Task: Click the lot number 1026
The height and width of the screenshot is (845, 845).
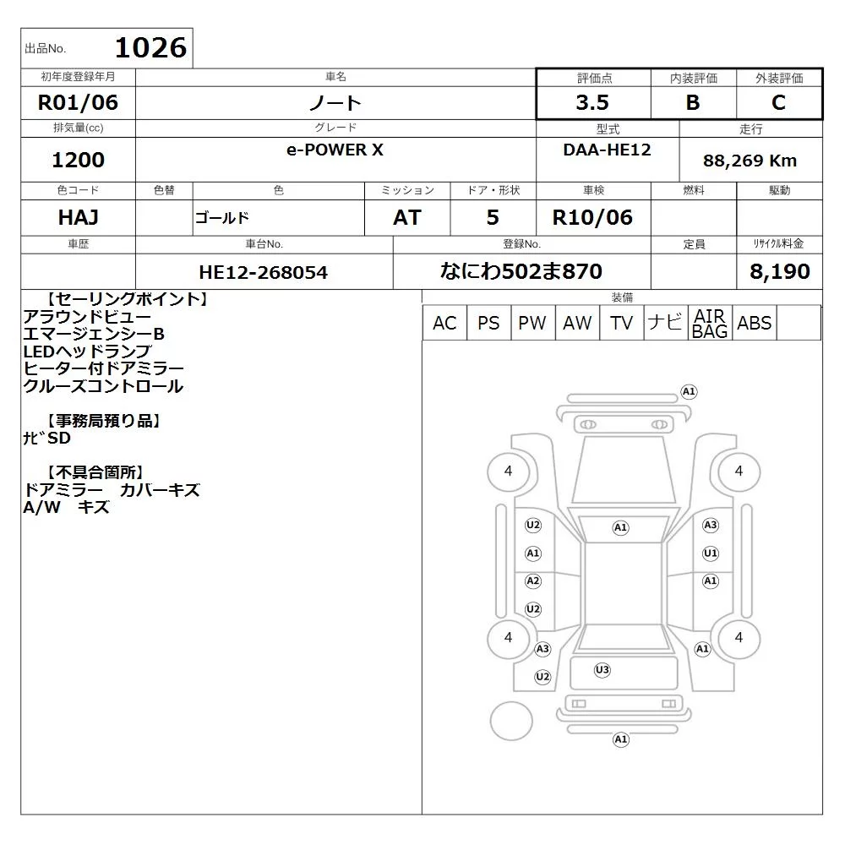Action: pos(151,47)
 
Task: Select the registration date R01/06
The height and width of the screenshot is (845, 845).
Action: pos(78,102)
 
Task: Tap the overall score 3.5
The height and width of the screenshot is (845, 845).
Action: pos(592,102)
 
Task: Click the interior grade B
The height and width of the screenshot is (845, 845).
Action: pos(693,102)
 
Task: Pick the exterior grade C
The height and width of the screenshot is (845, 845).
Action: pos(779,102)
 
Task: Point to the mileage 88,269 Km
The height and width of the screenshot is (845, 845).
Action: pos(750,161)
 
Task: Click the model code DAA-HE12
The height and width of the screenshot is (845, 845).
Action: pos(607,150)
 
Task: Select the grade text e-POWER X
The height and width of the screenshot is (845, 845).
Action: pos(335,150)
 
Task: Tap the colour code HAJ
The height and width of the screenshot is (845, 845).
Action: pos(78,217)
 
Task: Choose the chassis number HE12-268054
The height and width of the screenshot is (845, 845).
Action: pos(263,272)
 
